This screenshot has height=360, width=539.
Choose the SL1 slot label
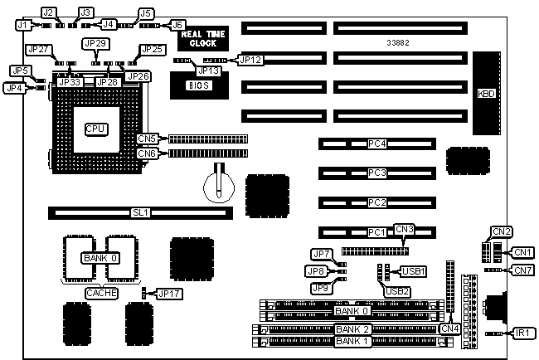[140, 213]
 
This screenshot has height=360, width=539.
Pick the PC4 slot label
[377, 144]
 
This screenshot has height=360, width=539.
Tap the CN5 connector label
[148, 139]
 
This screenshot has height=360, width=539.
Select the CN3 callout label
[405, 229]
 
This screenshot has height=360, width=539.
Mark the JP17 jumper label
[169, 293]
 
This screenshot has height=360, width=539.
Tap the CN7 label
[522, 270]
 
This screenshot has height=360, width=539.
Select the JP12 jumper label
[250, 60]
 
